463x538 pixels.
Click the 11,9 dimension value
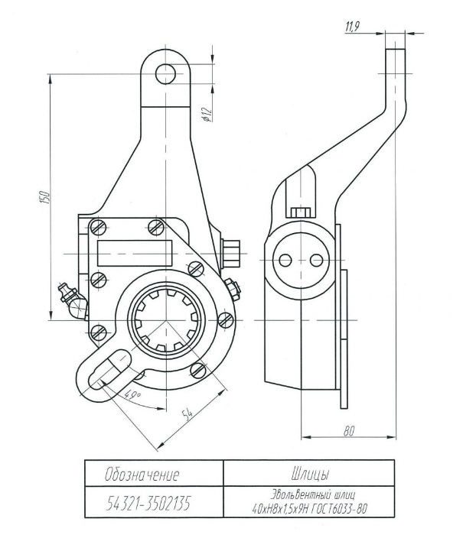tap(353, 28)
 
